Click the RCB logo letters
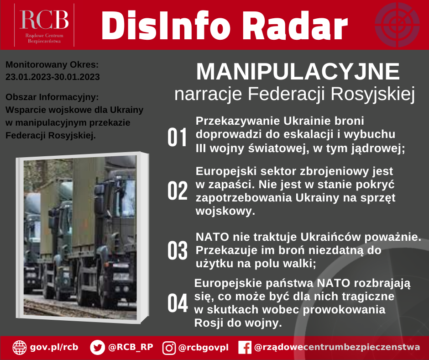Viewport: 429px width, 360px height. [x=44, y=20]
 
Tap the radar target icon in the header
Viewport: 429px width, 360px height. [x=397, y=25]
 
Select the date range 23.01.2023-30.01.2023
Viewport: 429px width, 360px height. [x=52, y=77]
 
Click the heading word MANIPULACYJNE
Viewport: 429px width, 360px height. [x=298, y=72]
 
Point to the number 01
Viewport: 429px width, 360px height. [x=177, y=137]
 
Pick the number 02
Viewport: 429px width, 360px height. [x=177, y=191]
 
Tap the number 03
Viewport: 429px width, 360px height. [x=177, y=250]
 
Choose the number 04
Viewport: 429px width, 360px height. [x=178, y=303]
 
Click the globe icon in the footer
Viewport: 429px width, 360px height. [x=20, y=347]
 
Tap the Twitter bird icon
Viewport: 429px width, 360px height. [x=97, y=347]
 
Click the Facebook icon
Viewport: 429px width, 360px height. [x=245, y=348]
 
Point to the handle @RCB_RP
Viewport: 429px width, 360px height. [x=131, y=347]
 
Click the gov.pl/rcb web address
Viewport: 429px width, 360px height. [x=54, y=347]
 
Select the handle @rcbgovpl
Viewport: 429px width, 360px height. [x=203, y=348]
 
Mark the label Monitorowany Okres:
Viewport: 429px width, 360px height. [x=52, y=65]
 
